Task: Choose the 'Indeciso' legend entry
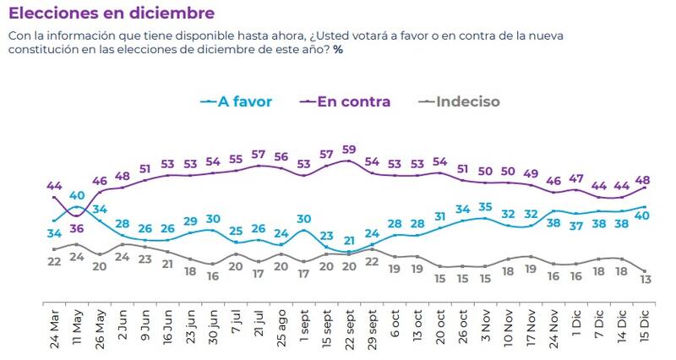pyautogui.click(x=467, y=102)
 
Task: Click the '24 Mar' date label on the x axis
pyautogui.click(x=54, y=330)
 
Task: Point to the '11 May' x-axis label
pyautogui.click(x=77, y=330)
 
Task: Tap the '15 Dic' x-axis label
pyautogui.click(x=646, y=330)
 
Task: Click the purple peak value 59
pyautogui.click(x=348, y=150)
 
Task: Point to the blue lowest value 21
pyautogui.click(x=348, y=241)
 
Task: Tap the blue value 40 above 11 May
pyautogui.click(x=77, y=196)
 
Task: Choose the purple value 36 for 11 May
pyautogui.click(x=77, y=226)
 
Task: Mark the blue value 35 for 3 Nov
pyautogui.click(x=485, y=207)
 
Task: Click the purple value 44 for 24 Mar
pyautogui.click(x=55, y=185)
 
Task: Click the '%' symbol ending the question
pyautogui.click(x=338, y=49)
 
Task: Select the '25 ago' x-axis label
pyautogui.click(x=281, y=330)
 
